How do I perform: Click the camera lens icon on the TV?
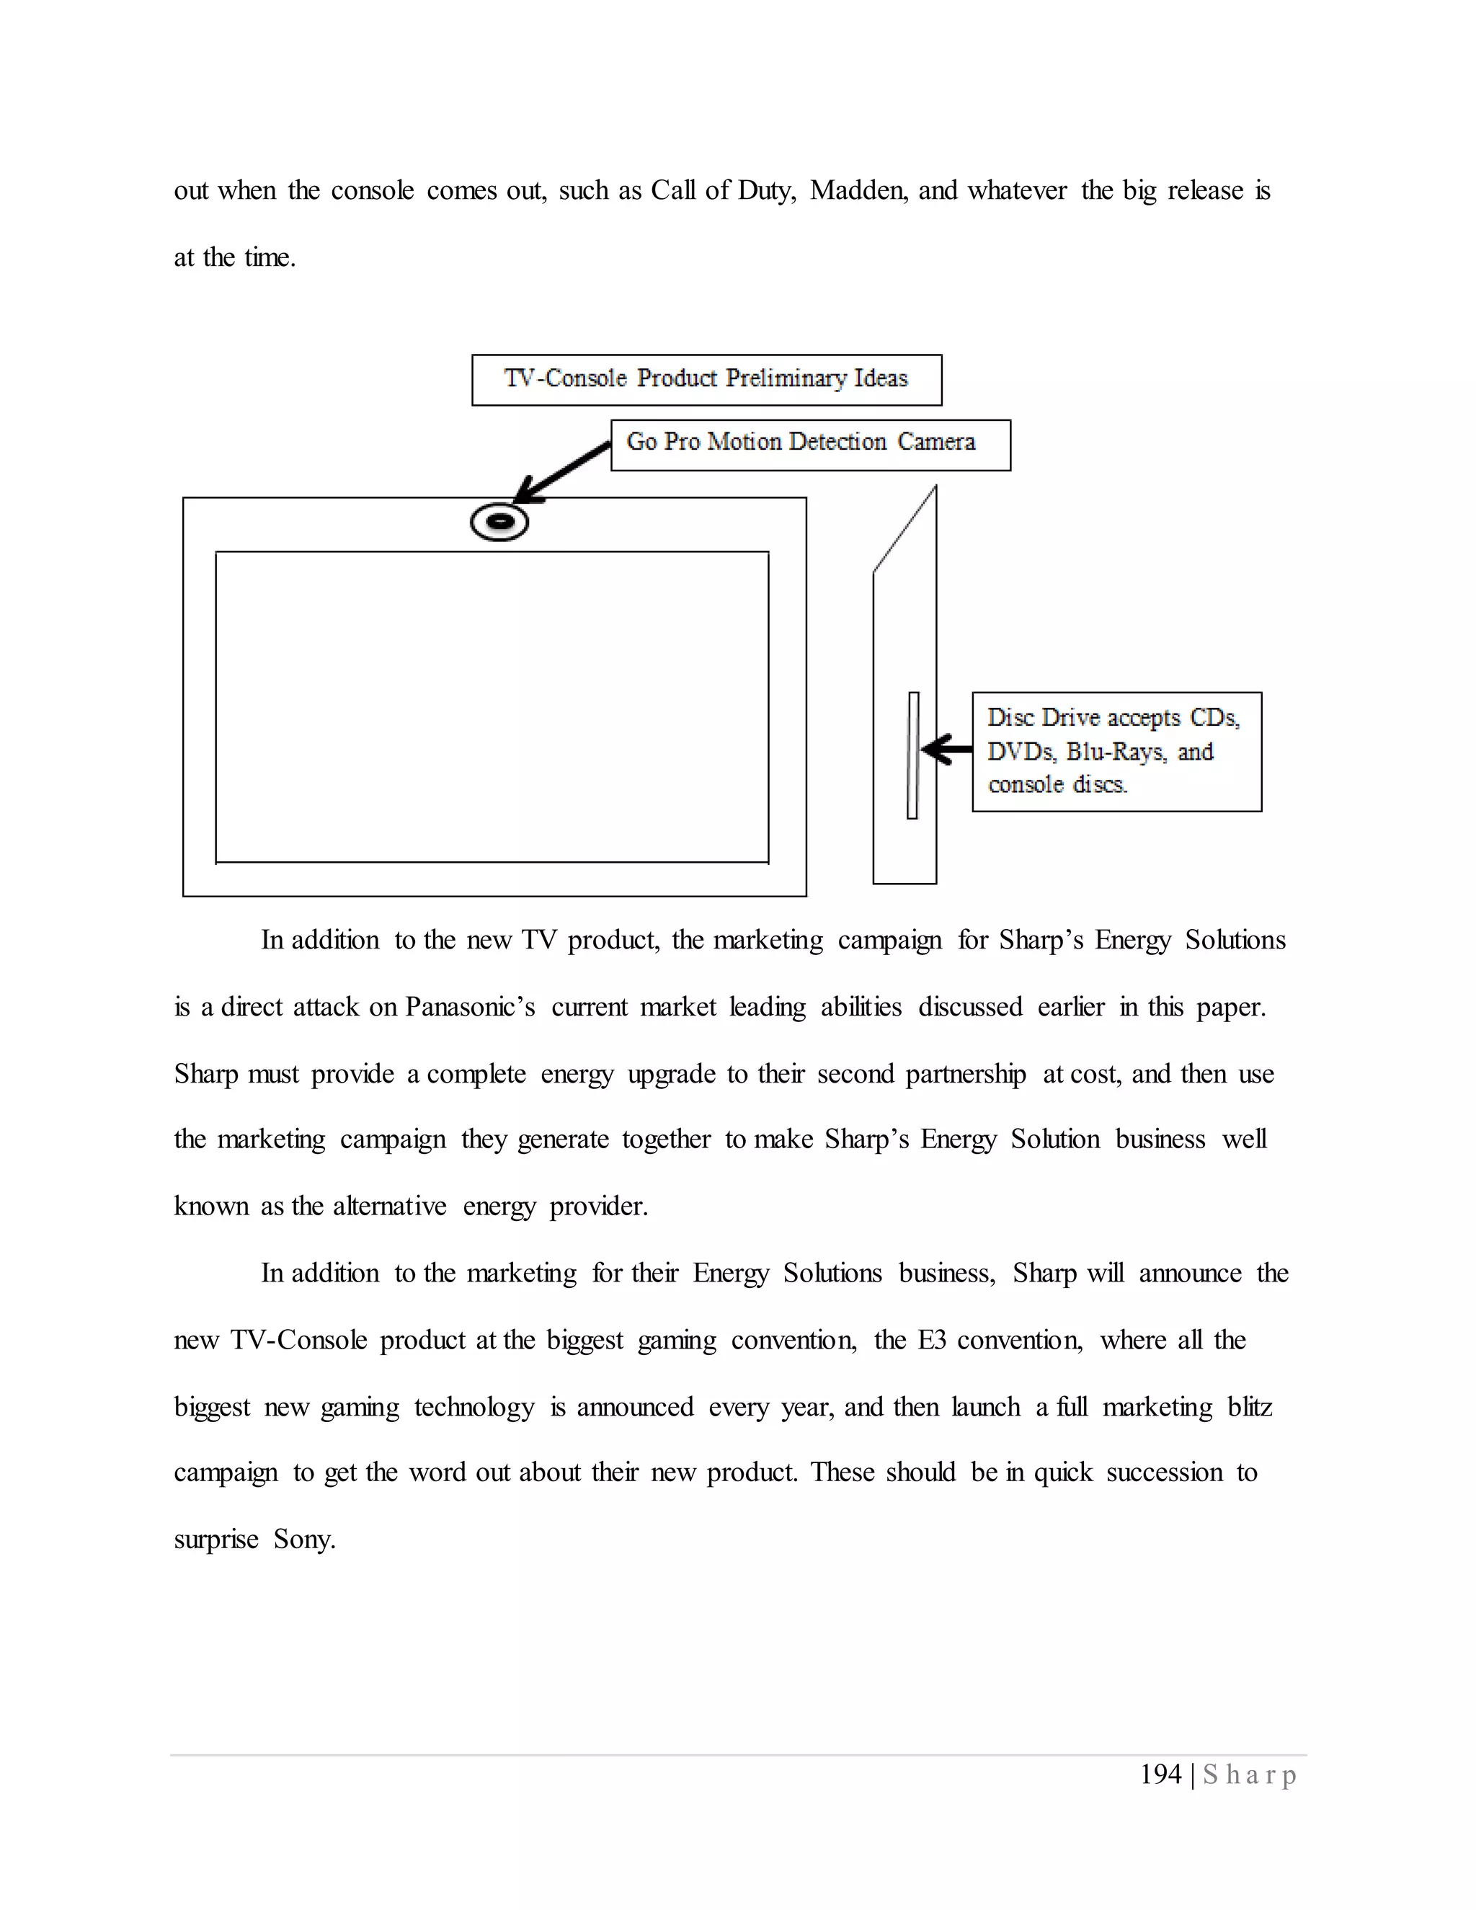point(499,522)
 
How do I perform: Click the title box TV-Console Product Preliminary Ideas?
point(706,380)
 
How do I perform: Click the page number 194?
point(1160,1774)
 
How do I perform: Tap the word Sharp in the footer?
point(1250,1775)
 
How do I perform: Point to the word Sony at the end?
point(303,1540)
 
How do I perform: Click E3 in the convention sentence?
point(932,1340)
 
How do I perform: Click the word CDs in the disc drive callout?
point(1214,718)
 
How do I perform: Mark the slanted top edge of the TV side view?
point(905,529)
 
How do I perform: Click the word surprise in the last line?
point(216,1540)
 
